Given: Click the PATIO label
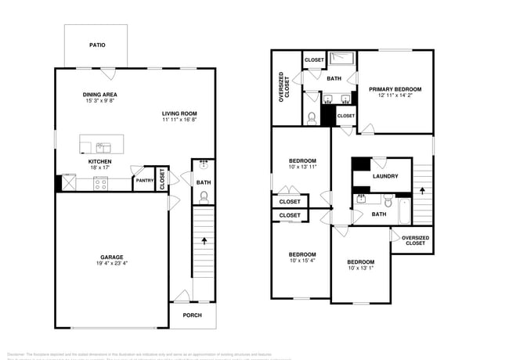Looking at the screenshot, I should (x=97, y=45).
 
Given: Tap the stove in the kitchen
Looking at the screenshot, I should (x=101, y=183).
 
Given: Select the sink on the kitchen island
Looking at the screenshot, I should (x=103, y=146).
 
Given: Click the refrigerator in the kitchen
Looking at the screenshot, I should (x=68, y=183).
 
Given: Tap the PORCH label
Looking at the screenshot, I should (x=192, y=315).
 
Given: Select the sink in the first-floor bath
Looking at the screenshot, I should (x=204, y=165).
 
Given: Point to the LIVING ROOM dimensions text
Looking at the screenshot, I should (x=179, y=121).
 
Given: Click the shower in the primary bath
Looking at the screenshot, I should (x=341, y=58).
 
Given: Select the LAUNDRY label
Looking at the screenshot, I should (x=385, y=176).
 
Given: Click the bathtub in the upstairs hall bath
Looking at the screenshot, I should (x=403, y=211).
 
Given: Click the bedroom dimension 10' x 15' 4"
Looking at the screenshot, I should (x=302, y=261).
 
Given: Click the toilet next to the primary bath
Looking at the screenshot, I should (x=312, y=118).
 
